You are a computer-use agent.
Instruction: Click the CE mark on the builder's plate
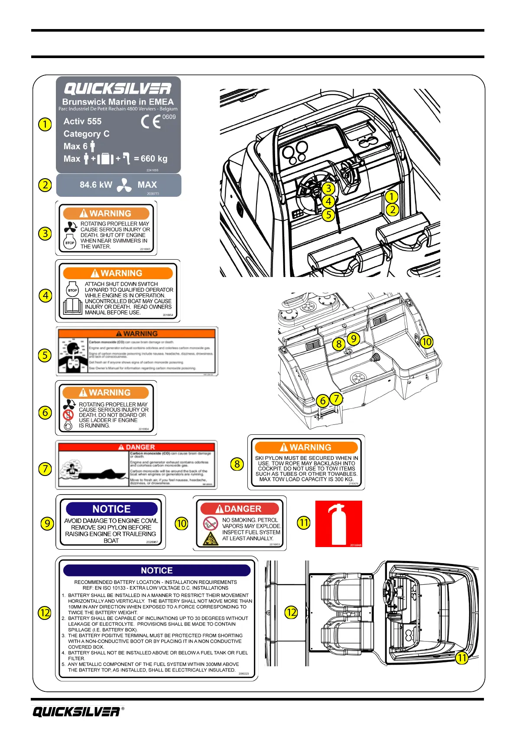(x=151, y=122)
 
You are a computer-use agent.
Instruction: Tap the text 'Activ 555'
(x=82, y=121)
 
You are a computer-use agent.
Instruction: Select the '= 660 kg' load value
(x=150, y=159)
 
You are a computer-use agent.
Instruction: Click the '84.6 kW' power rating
(x=96, y=185)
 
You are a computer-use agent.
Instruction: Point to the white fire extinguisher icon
(x=338, y=524)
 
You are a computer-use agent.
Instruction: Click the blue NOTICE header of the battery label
(x=157, y=570)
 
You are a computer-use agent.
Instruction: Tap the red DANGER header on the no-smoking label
(x=239, y=508)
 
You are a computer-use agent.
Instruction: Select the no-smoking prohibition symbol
(x=211, y=523)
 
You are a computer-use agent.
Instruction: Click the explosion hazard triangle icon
(x=211, y=539)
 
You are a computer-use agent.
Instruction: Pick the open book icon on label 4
(x=72, y=306)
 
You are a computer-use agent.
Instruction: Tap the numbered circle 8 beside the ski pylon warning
(x=237, y=464)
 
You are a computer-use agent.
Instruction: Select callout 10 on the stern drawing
(x=427, y=342)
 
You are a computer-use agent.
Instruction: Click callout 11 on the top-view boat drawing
(x=462, y=658)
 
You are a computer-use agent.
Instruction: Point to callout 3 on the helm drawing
(x=328, y=188)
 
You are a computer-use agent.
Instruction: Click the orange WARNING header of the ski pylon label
(x=306, y=447)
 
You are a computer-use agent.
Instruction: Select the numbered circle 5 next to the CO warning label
(x=45, y=355)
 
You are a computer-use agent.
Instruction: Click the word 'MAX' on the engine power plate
(x=147, y=185)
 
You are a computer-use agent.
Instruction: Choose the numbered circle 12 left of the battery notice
(x=45, y=613)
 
